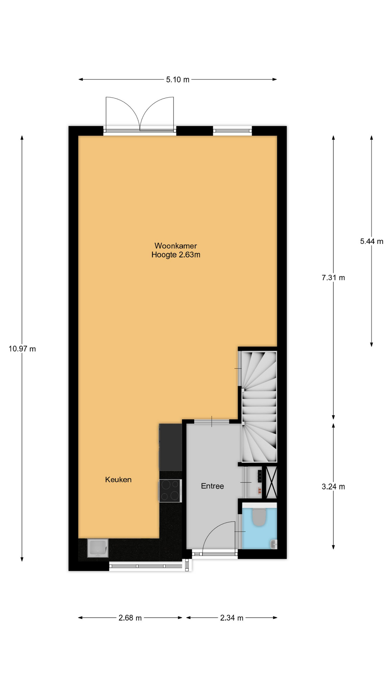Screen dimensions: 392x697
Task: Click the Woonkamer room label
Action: (176, 246)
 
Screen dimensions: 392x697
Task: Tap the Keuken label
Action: (118, 480)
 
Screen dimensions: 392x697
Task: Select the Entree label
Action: (212, 486)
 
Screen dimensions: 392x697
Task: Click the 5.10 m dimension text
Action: (178, 80)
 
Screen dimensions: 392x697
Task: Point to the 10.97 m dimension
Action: (22, 349)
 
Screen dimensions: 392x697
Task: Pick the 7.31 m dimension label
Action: (333, 278)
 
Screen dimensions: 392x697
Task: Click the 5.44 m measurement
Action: (372, 241)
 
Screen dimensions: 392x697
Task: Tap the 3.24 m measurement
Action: (333, 487)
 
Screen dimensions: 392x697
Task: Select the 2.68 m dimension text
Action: (130, 618)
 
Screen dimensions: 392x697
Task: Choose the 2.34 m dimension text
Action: (232, 618)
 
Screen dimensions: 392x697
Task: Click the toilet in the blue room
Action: (259, 517)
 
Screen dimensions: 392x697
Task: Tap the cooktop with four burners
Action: (170, 491)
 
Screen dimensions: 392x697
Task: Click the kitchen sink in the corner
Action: (98, 548)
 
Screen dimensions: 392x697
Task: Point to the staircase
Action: (259, 407)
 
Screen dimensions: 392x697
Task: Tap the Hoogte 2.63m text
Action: (176, 255)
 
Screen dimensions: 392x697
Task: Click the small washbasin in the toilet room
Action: (273, 544)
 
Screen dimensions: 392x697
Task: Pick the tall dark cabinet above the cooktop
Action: (170, 447)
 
